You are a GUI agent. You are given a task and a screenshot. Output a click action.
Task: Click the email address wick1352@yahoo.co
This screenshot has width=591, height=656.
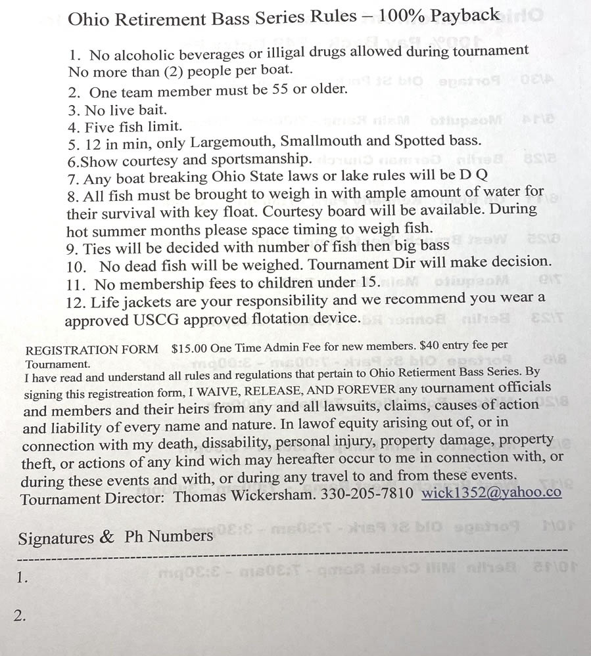click(x=491, y=492)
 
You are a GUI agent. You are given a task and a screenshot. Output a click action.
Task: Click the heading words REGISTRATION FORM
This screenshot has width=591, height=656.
click(x=91, y=349)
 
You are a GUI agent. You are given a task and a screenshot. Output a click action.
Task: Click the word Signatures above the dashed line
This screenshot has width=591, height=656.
click(x=56, y=538)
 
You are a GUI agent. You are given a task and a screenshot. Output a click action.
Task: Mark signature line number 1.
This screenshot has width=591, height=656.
click(x=23, y=578)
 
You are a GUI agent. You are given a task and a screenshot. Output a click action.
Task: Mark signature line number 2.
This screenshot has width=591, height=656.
click(x=21, y=615)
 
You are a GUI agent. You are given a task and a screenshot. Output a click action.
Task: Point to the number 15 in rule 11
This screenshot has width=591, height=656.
click(x=370, y=282)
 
